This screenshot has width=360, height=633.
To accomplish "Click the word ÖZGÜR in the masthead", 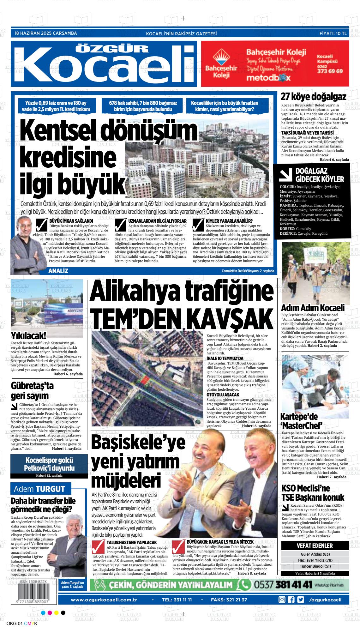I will pos(113,48).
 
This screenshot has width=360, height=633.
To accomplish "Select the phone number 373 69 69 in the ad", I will pos(330,71).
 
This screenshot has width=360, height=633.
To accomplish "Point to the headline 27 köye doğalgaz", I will pos(313,97).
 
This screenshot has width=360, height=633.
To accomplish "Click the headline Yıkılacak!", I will pos(28,335).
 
